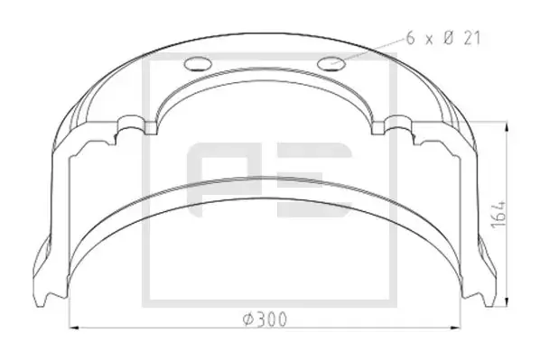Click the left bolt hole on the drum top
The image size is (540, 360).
198,63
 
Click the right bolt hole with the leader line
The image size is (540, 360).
331,63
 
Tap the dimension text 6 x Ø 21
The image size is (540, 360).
443,38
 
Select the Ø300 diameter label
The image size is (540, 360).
265,319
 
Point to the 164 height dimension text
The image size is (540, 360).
498,214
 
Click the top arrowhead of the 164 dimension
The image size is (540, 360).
507,128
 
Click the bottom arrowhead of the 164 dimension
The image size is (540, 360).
507,300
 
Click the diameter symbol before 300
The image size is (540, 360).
248,319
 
